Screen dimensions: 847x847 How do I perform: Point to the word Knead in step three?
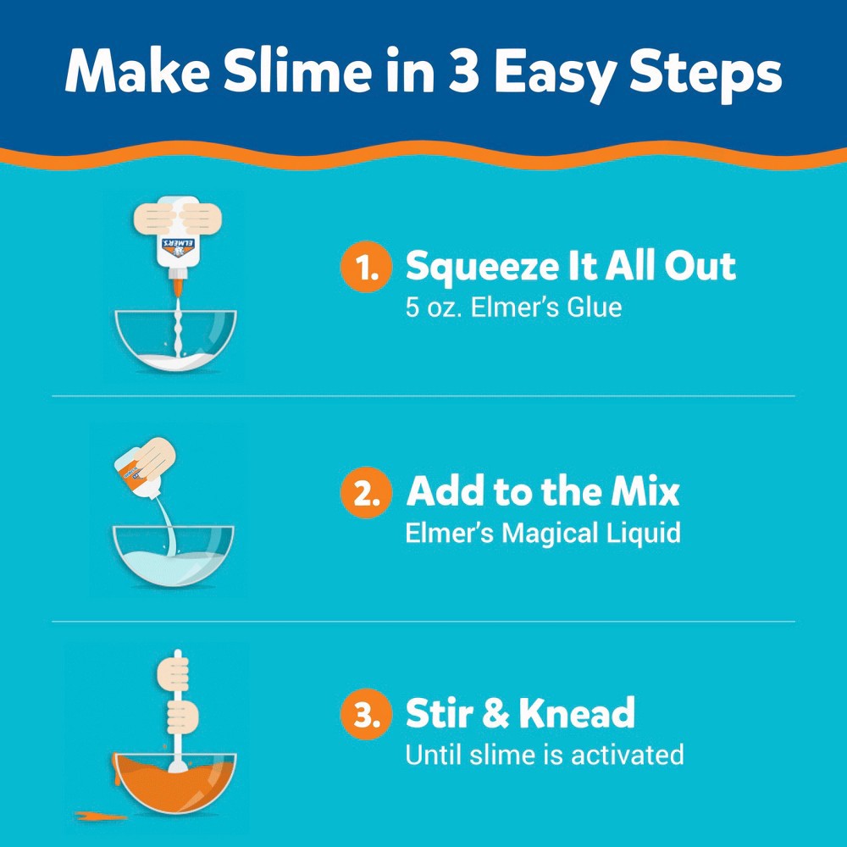tap(576, 714)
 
